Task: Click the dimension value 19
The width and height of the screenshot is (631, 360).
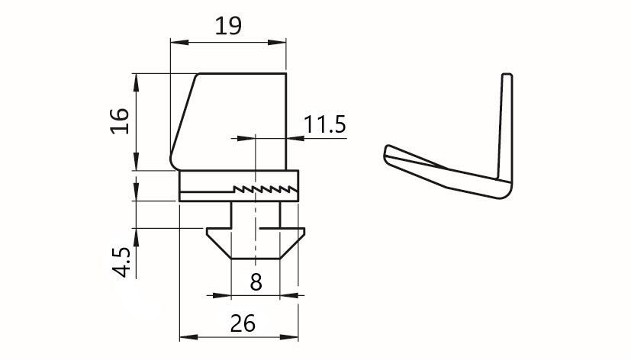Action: tap(228, 26)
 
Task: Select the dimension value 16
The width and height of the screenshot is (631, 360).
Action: tap(120, 121)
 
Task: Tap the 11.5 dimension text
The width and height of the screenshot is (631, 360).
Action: tap(324, 124)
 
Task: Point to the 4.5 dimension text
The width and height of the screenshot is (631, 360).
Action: tap(121, 262)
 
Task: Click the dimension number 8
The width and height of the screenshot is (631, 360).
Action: tap(256, 282)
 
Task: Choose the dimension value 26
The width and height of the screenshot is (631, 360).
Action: tap(243, 323)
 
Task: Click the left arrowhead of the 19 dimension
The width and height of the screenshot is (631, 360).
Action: tap(179, 42)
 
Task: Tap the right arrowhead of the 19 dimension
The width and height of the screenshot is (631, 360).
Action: tap(277, 42)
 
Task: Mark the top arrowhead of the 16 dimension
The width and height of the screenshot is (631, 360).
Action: tap(136, 82)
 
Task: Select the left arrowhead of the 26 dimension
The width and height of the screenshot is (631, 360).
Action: tap(188, 336)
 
